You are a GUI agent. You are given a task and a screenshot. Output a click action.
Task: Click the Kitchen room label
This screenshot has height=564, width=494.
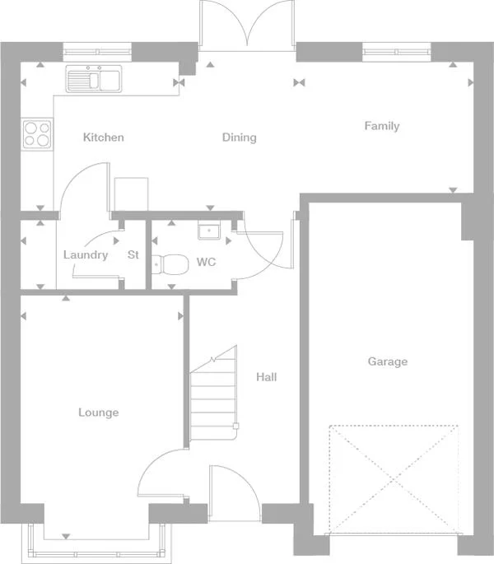click(x=104, y=138)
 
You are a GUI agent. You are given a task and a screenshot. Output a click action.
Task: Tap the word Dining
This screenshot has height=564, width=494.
click(x=239, y=138)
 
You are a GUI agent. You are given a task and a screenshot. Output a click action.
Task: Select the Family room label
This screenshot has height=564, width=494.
click(x=382, y=126)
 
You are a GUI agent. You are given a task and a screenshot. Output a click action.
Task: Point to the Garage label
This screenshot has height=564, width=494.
click(x=387, y=361)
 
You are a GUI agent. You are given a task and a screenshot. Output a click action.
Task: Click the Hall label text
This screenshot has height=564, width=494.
click(x=266, y=378)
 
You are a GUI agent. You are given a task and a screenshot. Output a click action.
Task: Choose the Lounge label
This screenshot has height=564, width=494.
click(x=98, y=413)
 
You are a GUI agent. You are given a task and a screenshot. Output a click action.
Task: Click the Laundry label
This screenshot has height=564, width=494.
click(x=86, y=255)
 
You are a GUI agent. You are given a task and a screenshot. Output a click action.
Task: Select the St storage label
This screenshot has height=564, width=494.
click(x=133, y=255)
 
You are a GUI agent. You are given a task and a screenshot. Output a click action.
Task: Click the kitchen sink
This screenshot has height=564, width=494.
click(x=95, y=78)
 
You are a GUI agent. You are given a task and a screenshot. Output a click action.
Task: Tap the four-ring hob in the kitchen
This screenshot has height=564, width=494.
click(x=37, y=133)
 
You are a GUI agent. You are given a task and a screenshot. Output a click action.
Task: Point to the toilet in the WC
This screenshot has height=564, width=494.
click(x=170, y=264)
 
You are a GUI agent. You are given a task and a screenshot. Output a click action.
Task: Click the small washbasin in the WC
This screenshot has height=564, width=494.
click(x=208, y=231)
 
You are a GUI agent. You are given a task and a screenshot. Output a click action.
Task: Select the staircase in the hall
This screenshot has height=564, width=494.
click(x=213, y=395)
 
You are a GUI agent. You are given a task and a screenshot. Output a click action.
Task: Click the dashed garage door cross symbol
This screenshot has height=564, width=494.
click(x=393, y=478)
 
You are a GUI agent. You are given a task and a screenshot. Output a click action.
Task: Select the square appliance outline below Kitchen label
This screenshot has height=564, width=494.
click(x=130, y=194)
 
